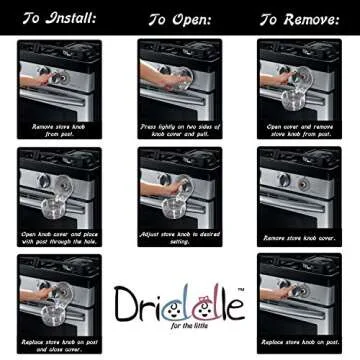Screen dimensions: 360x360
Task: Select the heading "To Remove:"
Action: point(299,18)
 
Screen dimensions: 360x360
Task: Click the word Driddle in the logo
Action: point(179,301)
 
